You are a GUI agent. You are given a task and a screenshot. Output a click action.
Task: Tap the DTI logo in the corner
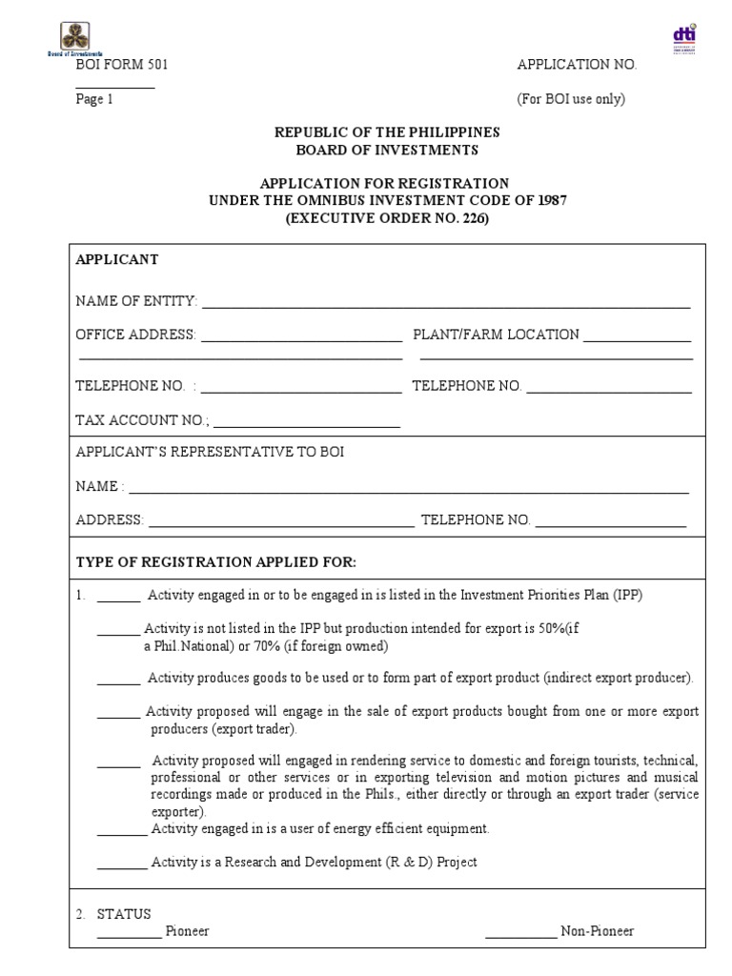684,38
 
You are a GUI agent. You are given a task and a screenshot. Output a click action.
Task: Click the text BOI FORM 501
122,65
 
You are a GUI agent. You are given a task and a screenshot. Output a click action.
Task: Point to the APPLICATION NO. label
576,65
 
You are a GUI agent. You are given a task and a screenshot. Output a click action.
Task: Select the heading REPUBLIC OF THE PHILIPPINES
386,132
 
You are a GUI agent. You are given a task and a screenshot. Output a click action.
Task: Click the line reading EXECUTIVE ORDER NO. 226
386,217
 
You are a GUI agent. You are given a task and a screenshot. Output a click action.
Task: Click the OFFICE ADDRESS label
136,335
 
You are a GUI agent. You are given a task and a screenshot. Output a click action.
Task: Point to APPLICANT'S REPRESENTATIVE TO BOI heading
210,452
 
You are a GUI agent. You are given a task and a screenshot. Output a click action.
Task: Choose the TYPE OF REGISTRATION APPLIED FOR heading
215,561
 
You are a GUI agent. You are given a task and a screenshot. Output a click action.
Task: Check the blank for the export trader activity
119,717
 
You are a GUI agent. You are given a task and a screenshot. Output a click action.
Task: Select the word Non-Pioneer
597,931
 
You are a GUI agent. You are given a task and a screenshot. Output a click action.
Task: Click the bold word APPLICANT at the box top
117,259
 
